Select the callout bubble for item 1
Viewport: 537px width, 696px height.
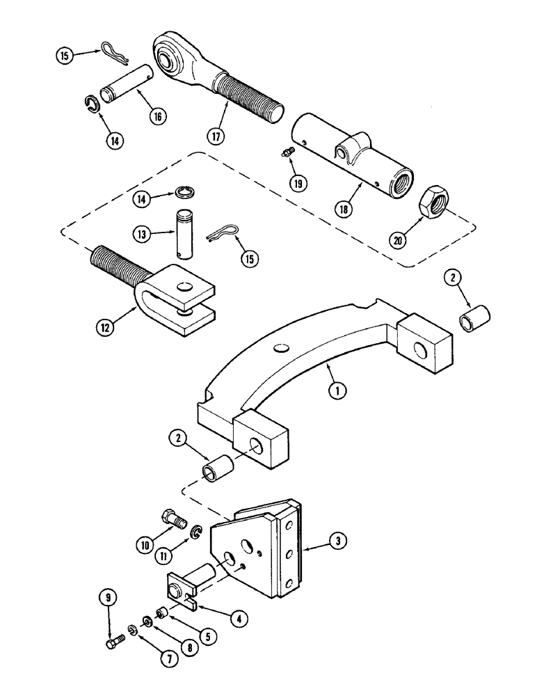coord(337,391)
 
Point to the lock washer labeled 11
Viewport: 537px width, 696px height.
coord(197,533)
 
